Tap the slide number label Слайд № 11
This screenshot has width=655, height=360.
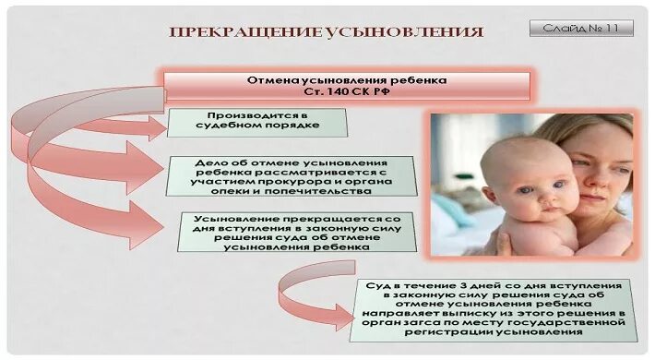pyautogui.click(x=581, y=29)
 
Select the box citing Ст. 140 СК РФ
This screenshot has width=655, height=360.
pyautogui.click(x=348, y=86)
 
